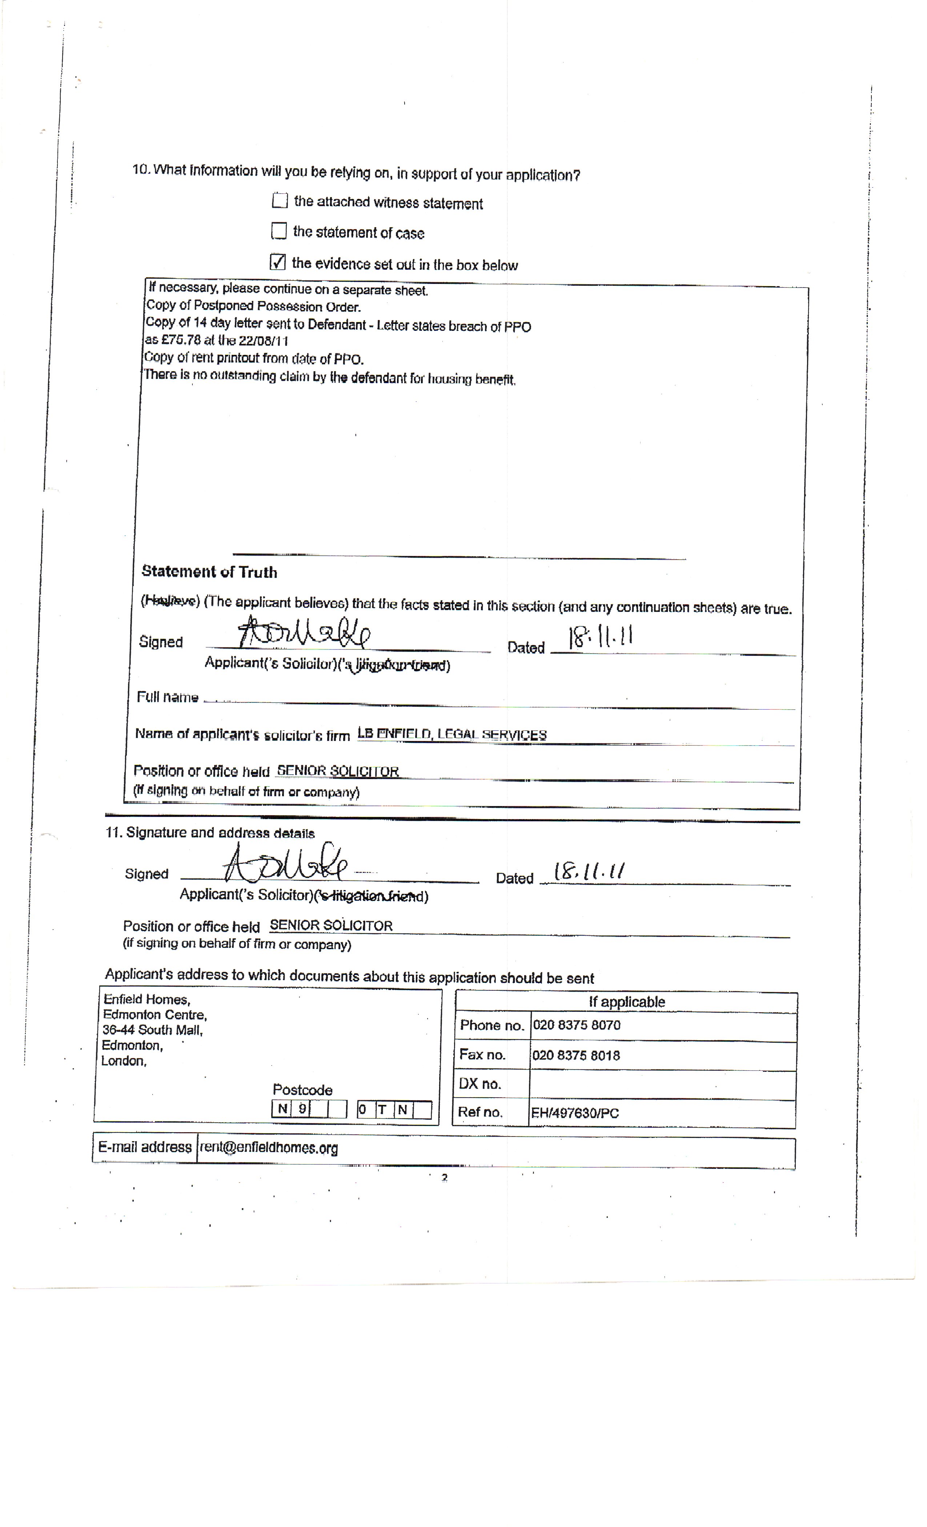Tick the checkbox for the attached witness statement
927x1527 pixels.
click(x=280, y=200)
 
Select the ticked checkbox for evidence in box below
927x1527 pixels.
click(x=278, y=262)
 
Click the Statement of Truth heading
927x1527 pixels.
click(x=209, y=572)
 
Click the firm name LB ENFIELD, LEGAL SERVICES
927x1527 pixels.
click(x=452, y=734)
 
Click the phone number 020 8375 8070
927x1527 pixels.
click(x=576, y=1025)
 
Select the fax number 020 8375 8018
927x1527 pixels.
click(x=576, y=1055)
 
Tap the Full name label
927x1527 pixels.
click(x=167, y=697)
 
